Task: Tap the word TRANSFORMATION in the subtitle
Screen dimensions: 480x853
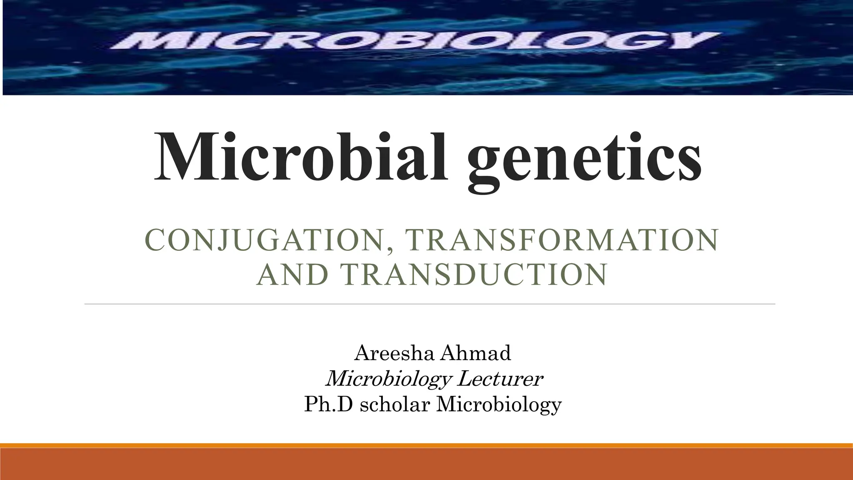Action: (x=562, y=240)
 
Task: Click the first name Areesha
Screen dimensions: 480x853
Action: (x=393, y=353)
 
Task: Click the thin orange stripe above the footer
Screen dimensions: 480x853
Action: (x=426, y=445)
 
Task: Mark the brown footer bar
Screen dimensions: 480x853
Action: (x=426, y=464)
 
